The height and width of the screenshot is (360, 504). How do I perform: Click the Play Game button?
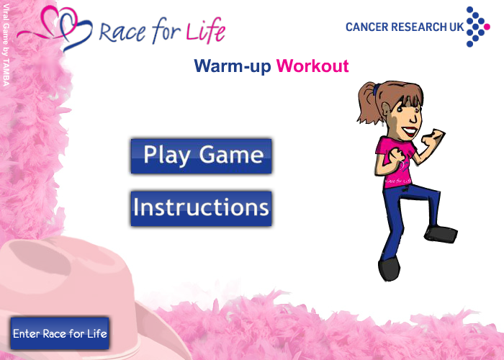click(201, 156)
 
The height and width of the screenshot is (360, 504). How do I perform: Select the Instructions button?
click(201, 209)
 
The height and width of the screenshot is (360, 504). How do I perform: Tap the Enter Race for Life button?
click(60, 333)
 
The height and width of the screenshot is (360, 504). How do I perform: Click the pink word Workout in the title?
click(312, 66)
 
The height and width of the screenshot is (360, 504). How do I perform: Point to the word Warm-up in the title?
click(233, 66)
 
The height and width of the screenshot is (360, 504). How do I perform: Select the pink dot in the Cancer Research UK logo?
click(487, 27)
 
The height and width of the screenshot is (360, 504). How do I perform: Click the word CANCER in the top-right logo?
click(366, 27)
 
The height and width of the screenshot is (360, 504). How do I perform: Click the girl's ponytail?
click(366, 103)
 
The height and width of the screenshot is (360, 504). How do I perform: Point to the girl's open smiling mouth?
click(410, 131)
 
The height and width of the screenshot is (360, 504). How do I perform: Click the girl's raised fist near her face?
click(433, 138)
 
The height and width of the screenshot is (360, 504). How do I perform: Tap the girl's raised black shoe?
click(441, 234)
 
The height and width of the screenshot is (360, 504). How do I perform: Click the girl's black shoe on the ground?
click(390, 269)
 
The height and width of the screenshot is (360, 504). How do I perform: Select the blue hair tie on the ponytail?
click(376, 90)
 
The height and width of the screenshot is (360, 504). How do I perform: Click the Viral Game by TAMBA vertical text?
click(6, 45)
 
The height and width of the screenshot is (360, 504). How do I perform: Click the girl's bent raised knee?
click(432, 194)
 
